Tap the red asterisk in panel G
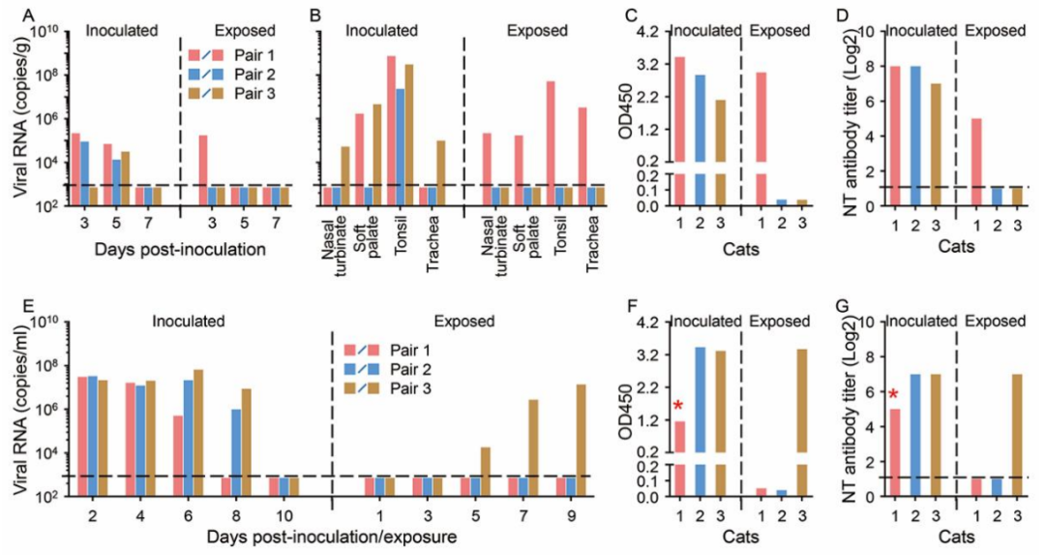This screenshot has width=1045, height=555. point(893,393)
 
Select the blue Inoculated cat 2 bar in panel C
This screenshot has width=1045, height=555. point(700,116)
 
